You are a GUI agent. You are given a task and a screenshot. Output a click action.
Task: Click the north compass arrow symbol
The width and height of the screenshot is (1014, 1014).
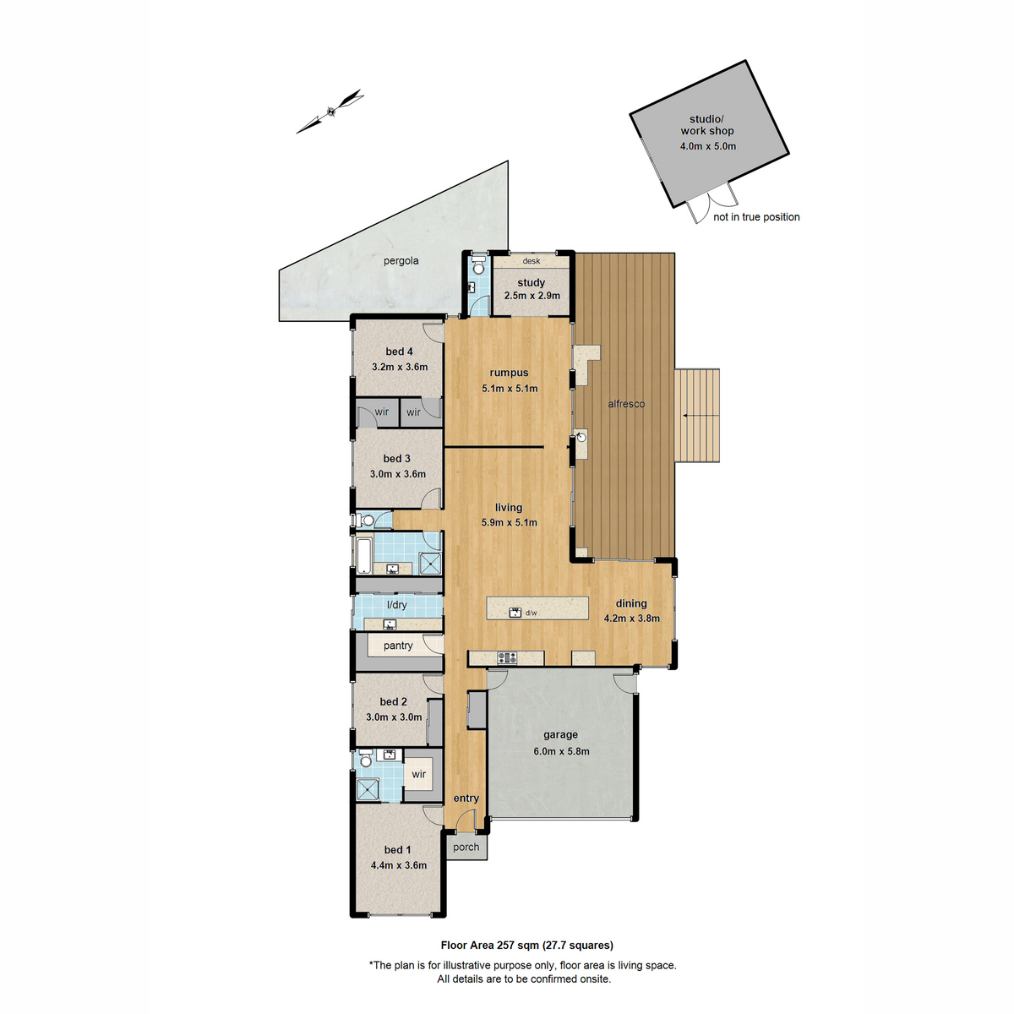click(330, 111)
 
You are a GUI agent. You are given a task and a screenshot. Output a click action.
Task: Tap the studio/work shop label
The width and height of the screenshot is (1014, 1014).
click(707, 125)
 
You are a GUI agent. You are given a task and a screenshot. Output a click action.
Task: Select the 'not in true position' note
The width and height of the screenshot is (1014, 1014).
click(756, 217)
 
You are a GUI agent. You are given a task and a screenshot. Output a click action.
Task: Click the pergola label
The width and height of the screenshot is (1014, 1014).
click(401, 261)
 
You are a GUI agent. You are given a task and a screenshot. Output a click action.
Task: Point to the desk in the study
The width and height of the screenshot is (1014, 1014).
click(531, 261)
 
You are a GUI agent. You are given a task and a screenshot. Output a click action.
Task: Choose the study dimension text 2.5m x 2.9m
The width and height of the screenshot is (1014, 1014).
click(532, 296)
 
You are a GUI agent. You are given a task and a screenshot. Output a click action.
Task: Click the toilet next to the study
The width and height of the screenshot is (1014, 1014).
click(478, 267)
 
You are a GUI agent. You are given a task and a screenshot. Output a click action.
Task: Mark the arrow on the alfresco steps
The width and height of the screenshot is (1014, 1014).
click(697, 416)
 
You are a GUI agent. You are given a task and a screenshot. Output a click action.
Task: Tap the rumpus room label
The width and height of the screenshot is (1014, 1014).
click(509, 373)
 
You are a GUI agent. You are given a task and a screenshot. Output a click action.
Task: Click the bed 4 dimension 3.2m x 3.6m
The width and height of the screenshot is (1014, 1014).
click(400, 368)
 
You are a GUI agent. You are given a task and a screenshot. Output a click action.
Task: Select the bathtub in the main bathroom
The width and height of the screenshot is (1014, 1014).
click(364, 555)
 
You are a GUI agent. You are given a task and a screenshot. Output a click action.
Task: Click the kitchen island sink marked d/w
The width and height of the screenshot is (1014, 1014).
click(515, 613)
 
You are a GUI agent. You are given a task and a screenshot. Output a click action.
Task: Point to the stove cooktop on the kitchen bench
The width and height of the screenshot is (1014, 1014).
click(506, 657)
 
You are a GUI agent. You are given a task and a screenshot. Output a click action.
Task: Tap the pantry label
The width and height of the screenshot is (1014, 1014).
click(398, 646)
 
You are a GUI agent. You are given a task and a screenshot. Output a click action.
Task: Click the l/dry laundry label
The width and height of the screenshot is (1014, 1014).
click(396, 605)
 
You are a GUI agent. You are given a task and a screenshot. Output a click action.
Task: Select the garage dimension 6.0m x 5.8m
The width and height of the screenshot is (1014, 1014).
click(561, 751)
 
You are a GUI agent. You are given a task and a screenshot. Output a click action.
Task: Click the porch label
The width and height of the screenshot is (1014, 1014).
click(466, 847)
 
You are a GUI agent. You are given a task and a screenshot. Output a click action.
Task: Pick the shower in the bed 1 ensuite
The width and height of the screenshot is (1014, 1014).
click(368, 788)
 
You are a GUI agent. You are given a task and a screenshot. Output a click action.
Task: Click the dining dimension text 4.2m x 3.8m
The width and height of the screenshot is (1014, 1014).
click(631, 619)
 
